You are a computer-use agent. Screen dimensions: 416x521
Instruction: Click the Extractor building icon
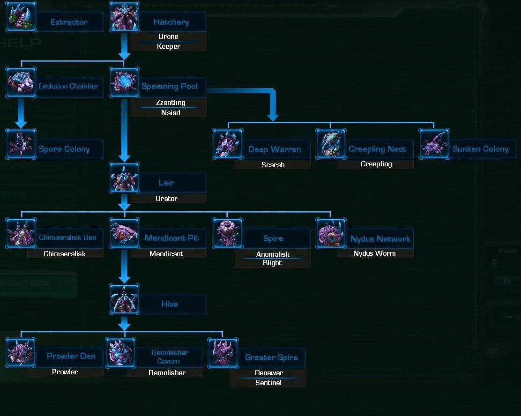(x=21, y=17)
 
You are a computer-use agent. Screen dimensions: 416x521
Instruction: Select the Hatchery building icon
(x=124, y=17)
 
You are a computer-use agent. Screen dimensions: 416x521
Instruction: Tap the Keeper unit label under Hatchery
(x=169, y=46)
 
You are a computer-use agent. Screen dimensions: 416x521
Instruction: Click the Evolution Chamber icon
(x=21, y=82)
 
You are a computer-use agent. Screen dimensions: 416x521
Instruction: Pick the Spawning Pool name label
(x=170, y=87)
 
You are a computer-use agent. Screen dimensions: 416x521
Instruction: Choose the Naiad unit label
(x=171, y=113)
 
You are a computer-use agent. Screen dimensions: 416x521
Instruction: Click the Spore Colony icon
(x=21, y=144)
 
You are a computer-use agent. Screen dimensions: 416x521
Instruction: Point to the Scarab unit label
(x=273, y=165)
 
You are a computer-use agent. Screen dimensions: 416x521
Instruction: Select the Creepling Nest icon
(x=331, y=144)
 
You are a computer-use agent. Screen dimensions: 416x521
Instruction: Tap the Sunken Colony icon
(x=434, y=144)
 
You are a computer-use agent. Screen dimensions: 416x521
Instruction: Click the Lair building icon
(x=124, y=178)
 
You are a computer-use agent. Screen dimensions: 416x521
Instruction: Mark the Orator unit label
(x=166, y=199)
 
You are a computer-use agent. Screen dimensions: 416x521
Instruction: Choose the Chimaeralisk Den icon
(x=21, y=233)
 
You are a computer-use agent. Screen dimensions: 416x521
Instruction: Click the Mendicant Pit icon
(x=124, y=233)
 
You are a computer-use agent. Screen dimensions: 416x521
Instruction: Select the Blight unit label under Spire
(x=272, y=263)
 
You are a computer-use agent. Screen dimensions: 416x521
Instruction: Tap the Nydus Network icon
(x=331, y=233)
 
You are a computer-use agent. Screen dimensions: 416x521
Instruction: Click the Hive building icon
(x=124, y=299)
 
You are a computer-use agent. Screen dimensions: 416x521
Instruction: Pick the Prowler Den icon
(x=21, y=352)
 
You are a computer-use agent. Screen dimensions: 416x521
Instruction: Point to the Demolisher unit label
(x=167, y=373)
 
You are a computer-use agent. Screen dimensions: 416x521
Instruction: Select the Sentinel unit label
(x=268, y=383)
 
